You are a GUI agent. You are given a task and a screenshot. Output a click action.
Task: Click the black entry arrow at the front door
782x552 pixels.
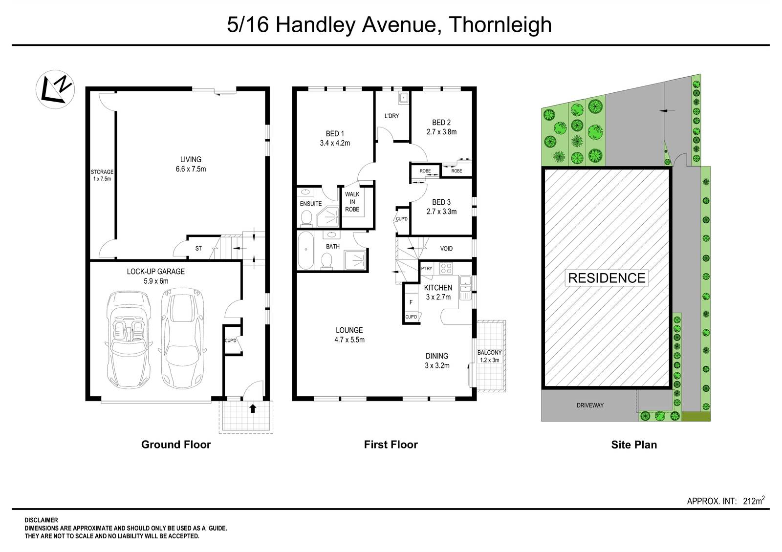tap(253, 408)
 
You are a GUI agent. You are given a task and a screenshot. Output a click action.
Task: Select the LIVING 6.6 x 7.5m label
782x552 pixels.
tap(191, 164)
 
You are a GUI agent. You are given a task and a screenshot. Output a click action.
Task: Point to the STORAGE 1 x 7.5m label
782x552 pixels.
tap(102, 175)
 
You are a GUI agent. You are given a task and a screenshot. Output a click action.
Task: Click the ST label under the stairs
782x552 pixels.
tap(198, 249)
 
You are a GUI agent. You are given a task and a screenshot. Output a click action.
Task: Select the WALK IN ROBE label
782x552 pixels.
tap(352, 202)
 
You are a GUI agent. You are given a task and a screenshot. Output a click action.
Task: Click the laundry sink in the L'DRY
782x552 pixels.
tap(403, 98)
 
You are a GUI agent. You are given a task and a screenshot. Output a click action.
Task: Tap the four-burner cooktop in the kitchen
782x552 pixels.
tap(446, 268)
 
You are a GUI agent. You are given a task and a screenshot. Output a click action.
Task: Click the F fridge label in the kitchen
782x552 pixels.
tap(411, 302)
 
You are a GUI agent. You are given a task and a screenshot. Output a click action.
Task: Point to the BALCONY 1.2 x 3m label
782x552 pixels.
tap(490, 356)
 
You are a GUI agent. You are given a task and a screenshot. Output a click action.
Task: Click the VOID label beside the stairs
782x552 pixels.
tap(446, 249)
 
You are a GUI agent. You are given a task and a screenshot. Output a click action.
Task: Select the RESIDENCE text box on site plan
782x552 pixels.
tap(607, 278)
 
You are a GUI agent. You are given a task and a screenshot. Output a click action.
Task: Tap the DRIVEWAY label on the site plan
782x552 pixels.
tap(590, 405)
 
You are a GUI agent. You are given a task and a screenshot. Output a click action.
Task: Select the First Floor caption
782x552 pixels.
tap(391, 445)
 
